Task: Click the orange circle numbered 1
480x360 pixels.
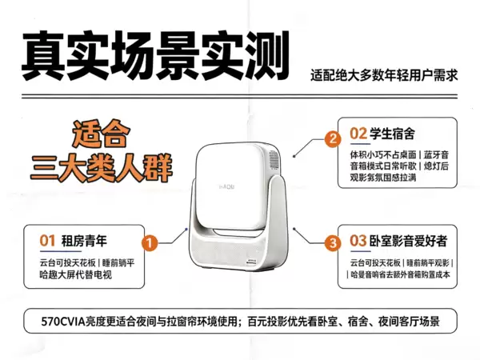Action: (150, 243)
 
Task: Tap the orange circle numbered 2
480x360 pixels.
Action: (333, 139)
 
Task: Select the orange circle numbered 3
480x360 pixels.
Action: (333, 243)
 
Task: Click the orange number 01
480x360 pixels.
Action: (47, 241)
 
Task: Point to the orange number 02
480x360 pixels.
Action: (358, 134)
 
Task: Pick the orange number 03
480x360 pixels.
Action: (358, 241)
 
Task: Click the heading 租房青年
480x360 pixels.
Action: (84, 241)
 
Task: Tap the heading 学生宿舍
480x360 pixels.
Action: (392, 134)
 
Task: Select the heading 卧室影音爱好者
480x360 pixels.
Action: (408, 241)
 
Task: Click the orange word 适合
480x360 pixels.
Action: (101, 134)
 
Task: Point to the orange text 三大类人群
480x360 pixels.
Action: (102, 167)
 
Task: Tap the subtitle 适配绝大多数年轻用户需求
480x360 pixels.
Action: (384, 75)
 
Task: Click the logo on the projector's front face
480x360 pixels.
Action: (227, 186)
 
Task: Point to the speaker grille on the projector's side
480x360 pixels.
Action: (274, 160)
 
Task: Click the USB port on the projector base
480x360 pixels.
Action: (251, 262)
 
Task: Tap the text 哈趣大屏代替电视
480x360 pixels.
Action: (76, 274)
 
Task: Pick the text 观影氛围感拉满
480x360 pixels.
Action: (383, 178)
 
